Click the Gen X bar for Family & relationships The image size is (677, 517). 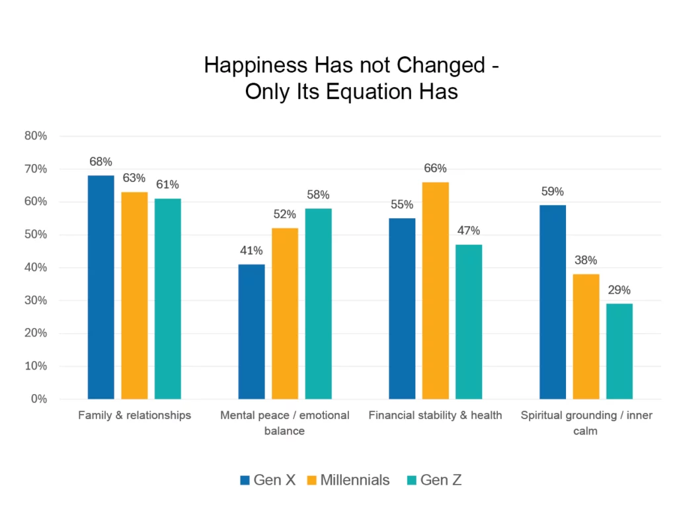[x=100, y=287]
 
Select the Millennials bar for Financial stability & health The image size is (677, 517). [x=435, y=290]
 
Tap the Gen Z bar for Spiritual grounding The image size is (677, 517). [x=619, y=351]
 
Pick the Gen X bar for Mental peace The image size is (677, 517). [x=251, y=331]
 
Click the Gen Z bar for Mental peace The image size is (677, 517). [x=318, y=303]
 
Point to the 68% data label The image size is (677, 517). [x=100, y=162]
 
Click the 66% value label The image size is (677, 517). [x=435, y=169]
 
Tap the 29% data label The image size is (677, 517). [x=619, y=290]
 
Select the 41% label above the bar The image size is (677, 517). [x=251, y=251]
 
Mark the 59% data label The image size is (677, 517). [x=552, y=192]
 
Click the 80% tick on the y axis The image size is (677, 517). [x=36, y=136]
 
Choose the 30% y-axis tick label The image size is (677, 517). [x=36, y=301]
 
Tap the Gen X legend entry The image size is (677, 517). [x=267, y=480]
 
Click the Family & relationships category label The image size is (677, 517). [x=134, y=415]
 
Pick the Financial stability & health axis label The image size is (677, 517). [x=435, y=415]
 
